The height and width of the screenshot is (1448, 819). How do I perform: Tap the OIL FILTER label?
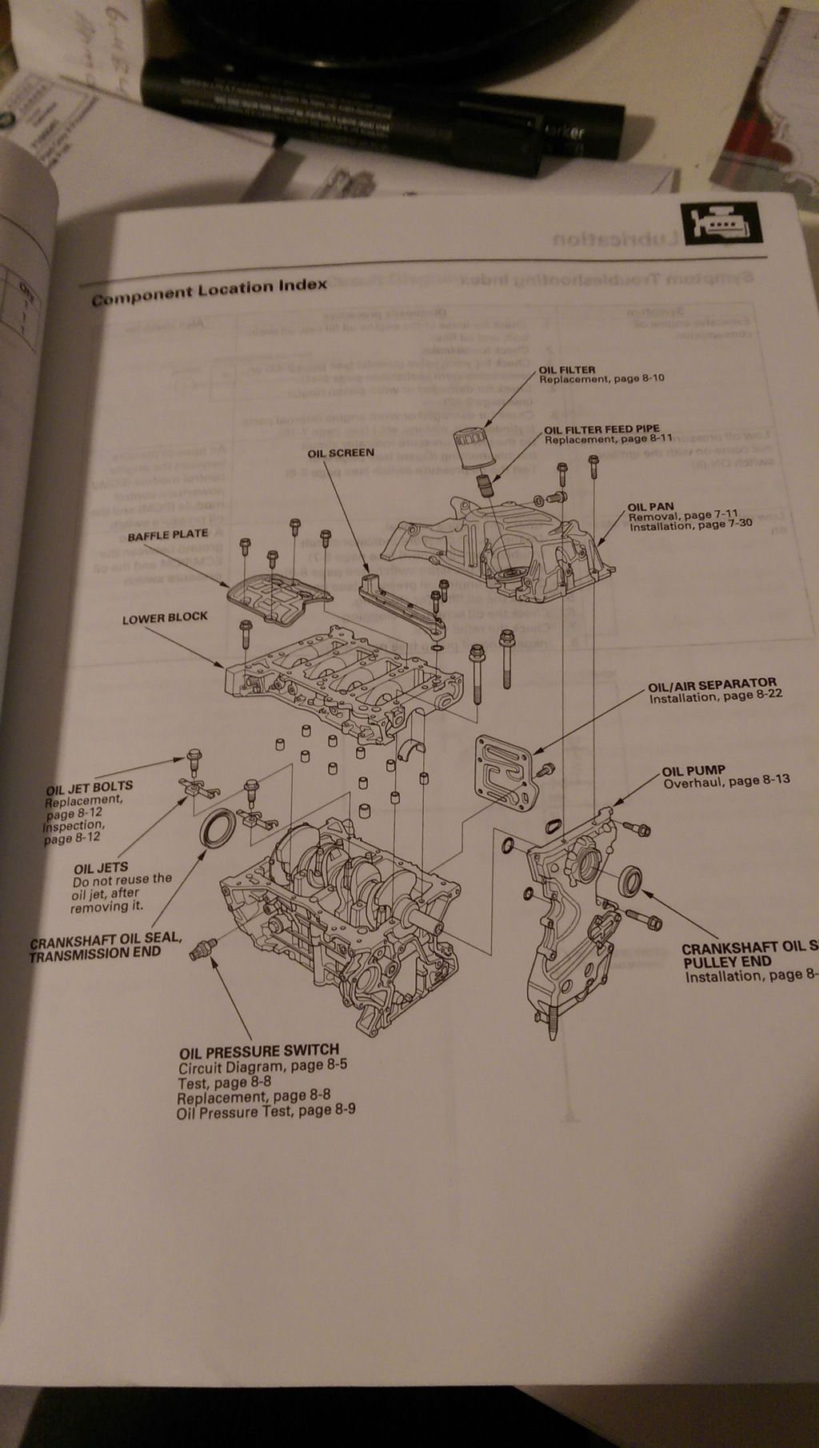click(x=567, y=369)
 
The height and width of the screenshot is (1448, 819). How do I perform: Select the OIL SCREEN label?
click(x=341, y=453)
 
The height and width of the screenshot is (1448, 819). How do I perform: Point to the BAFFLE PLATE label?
click(x=167, y=534)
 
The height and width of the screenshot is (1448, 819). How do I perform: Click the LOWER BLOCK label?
click(x=165, y=618)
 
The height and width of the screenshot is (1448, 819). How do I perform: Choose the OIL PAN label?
click(x=650, y=507)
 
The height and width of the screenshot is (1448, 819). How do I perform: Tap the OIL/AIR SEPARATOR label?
click(x=712, y=684)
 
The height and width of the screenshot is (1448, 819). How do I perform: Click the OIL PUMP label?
click(x=693, y=771)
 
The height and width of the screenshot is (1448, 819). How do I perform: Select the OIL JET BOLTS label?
click(x=90, y=786)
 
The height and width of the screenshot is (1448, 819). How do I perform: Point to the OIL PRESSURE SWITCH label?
click(x=259, y=1050)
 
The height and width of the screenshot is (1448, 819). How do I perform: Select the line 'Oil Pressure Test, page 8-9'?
click(x=266, y=1111)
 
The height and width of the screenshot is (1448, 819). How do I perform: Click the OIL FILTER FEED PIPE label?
click(x=602, y=429)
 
